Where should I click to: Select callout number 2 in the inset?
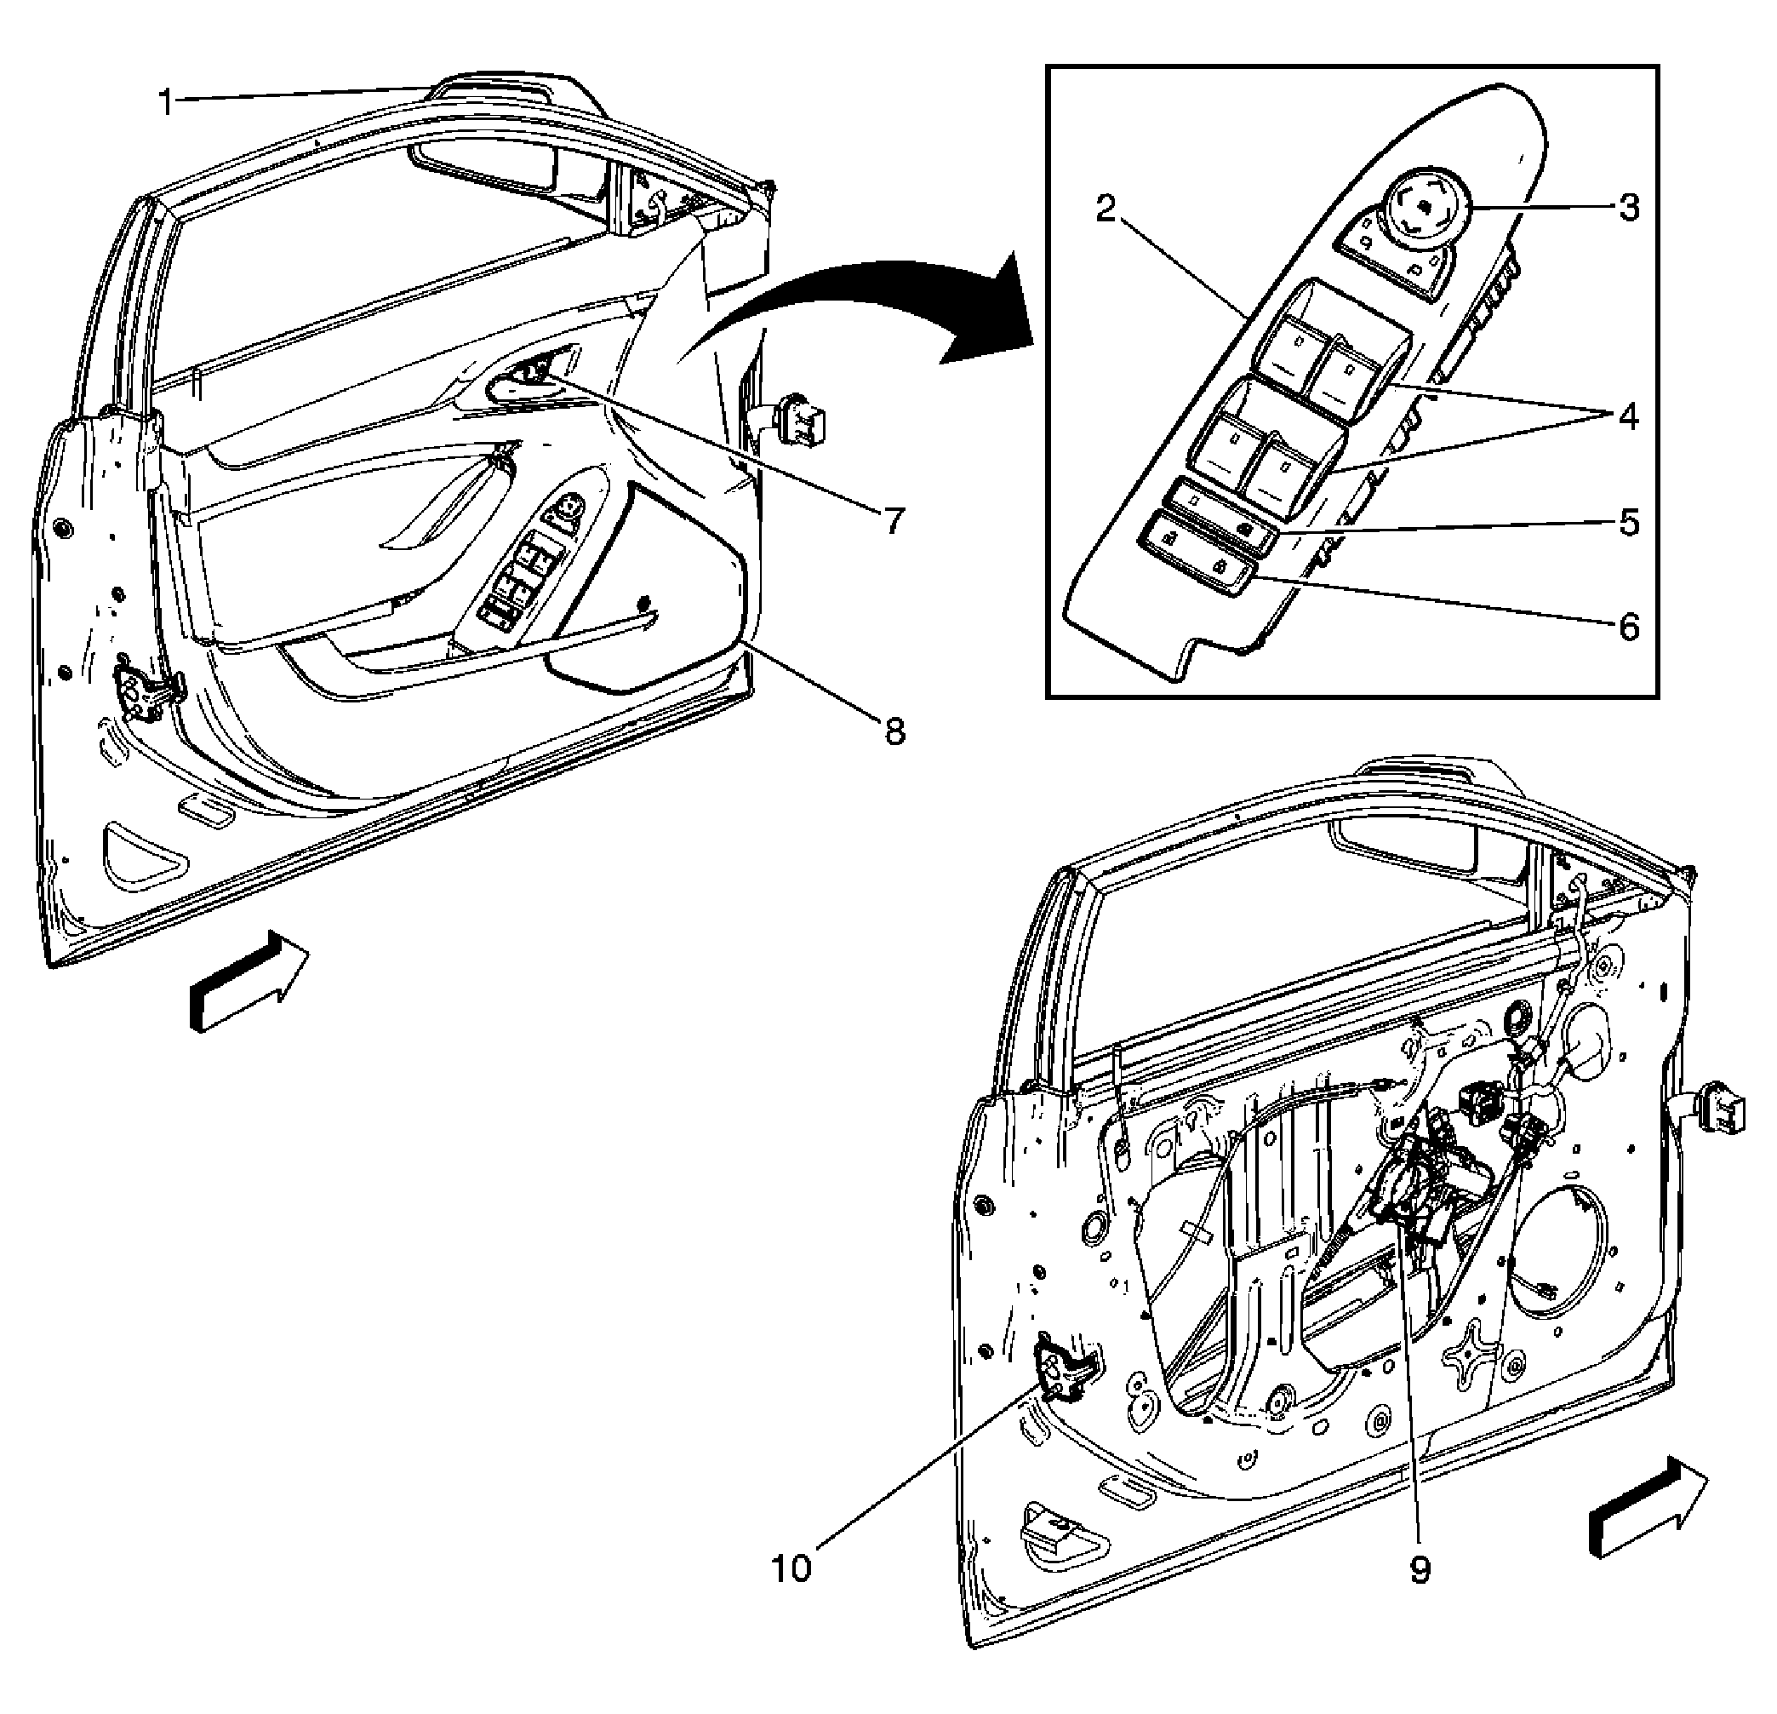click(1105, 209)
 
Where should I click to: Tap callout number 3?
click(1629, 209)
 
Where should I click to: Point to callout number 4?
click(1629, 417)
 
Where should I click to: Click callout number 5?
click(1629, 524)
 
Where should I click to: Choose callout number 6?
click(1629, 628)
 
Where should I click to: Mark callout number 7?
click(894, 520)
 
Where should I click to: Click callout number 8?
click(894, 731)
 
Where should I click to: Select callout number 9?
click(1420, 1569)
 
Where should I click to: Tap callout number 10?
click(791, 1568)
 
